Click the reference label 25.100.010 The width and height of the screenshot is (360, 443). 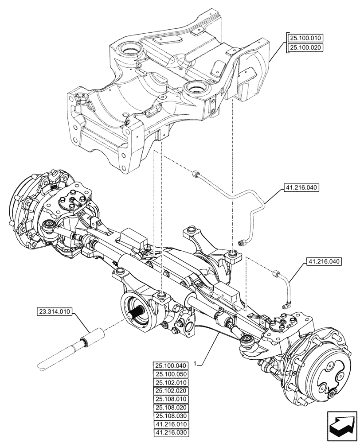click(x=306, y=39)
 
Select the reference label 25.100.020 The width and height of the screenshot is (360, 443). click(x=306, y=47)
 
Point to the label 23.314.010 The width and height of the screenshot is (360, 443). click(x=55, y=312)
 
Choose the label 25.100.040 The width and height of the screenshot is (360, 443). click(x=171, y=365)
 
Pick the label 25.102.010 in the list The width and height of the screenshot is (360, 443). click(x=171, y=382)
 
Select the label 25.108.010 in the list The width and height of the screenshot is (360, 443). click(x=171, y=399)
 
